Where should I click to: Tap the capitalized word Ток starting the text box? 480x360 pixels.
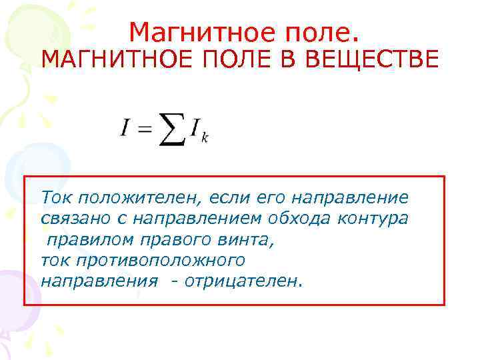pyautogui.click(x=57, y=197)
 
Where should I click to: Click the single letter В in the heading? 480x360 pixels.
pyautogui.click(x=289, y=60)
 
